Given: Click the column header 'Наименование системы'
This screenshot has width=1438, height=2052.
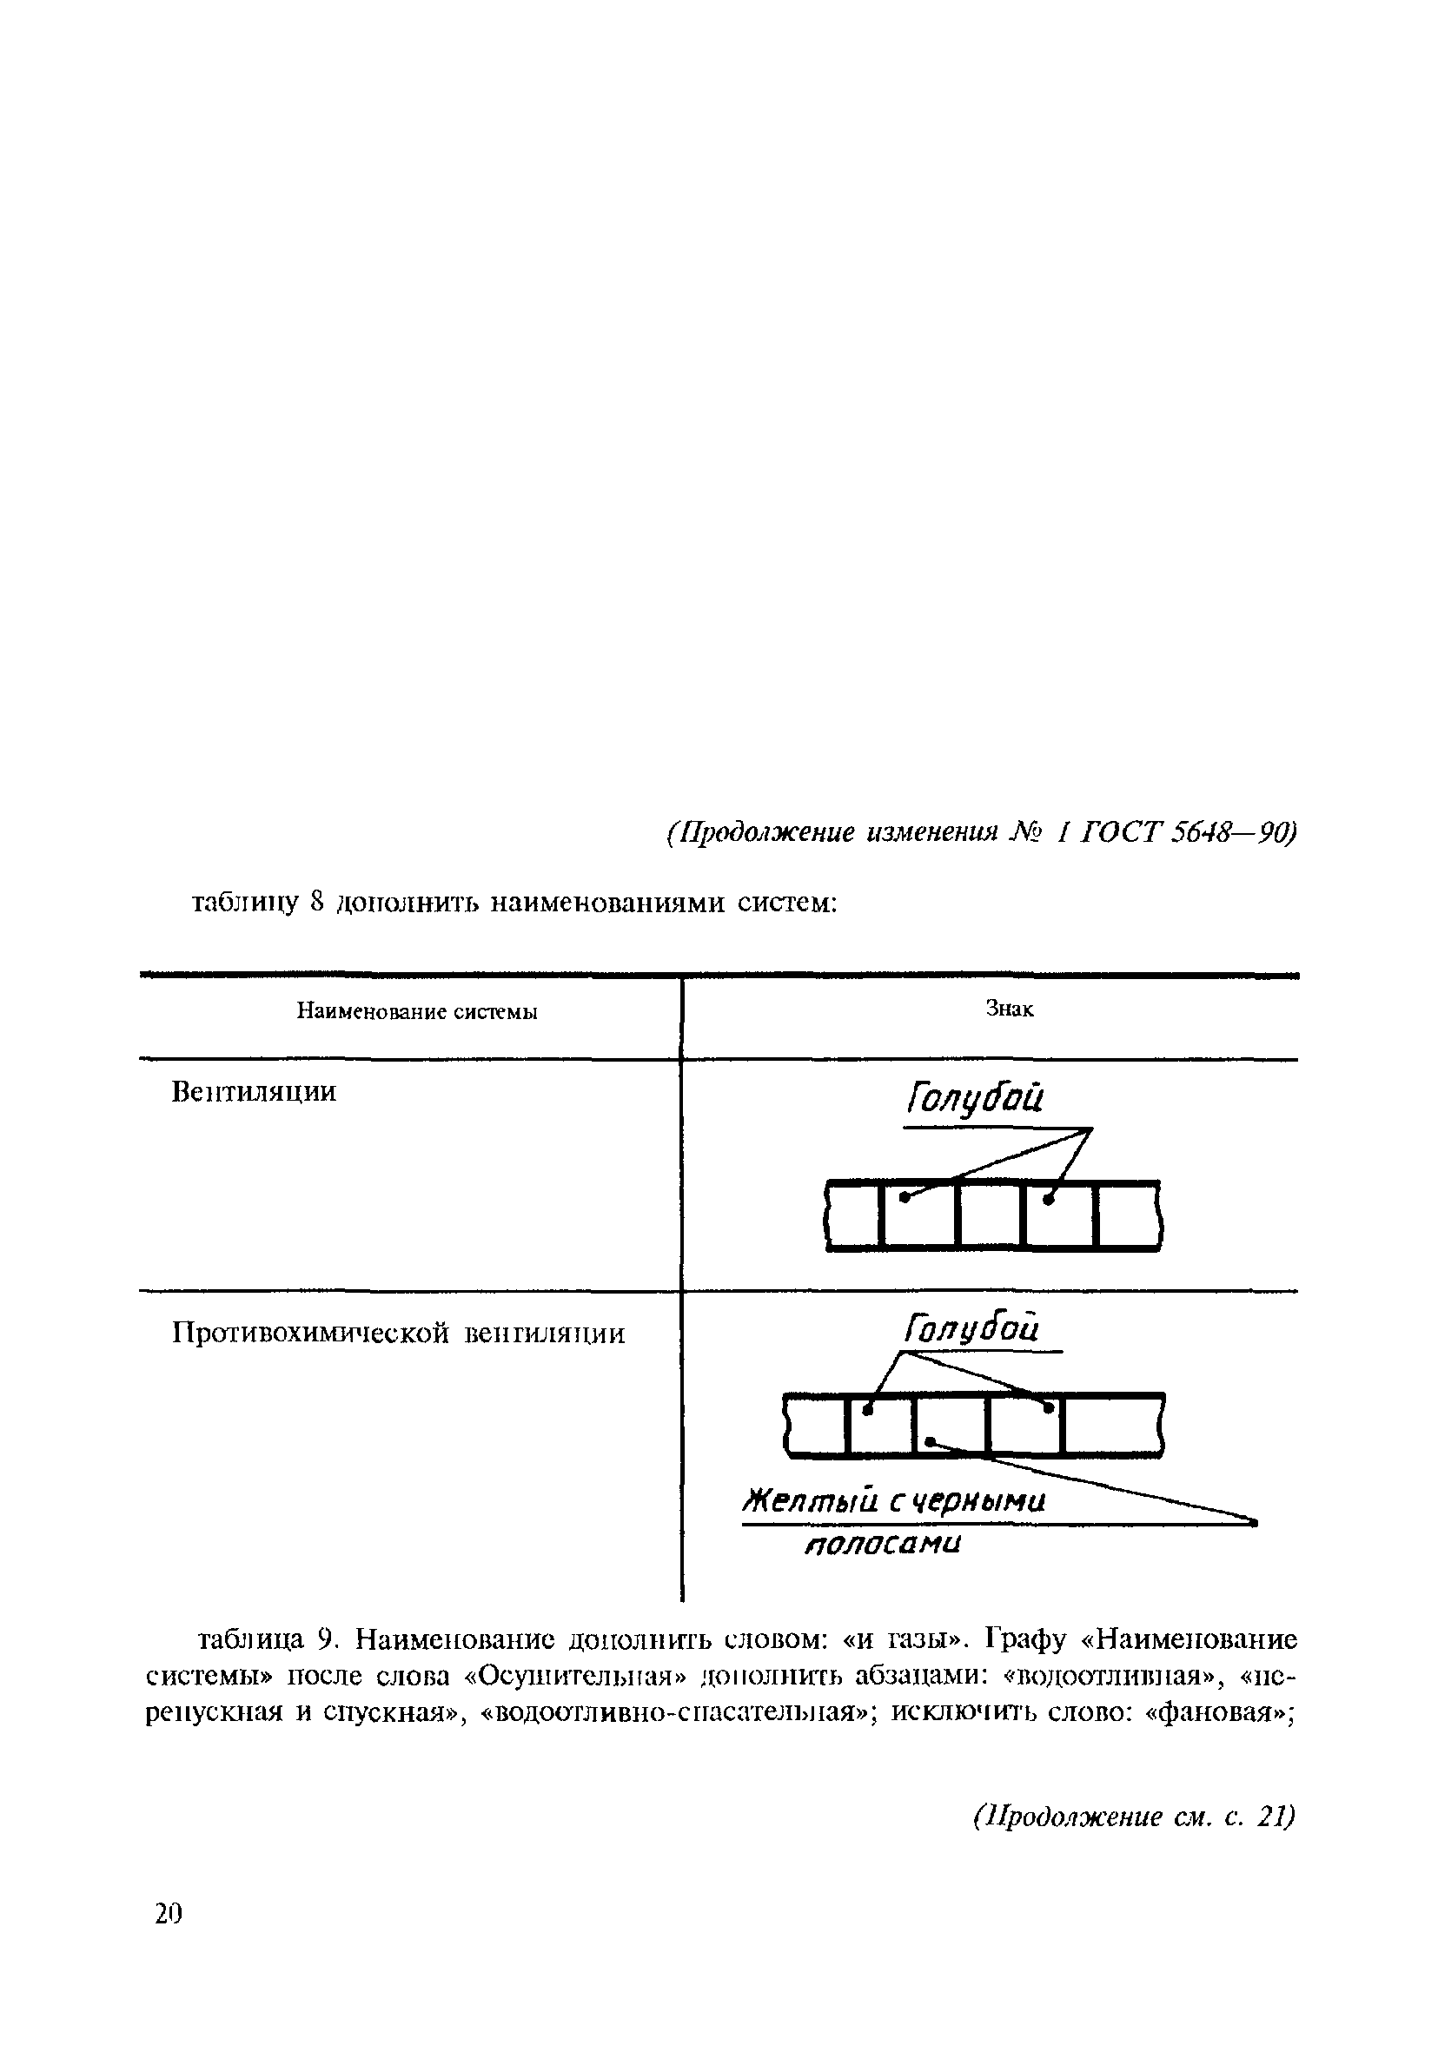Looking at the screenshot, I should pyautogui.click(x=416, y=1012).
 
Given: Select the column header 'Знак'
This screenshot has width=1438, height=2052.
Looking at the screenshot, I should pyautogui.click(x=1010, y=1008).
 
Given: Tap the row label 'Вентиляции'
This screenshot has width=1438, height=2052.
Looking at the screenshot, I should pyautogui.click(x=254, y=1092).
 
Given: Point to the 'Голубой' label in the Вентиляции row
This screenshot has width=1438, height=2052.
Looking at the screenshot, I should pyautogui.click(x=975, y=1098).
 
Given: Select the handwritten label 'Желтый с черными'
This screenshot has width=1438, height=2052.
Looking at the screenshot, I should pyautogui.click(x=893, y=1501).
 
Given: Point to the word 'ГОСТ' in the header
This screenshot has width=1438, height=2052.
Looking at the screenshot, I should pyautogui.click(x=1123, y=833).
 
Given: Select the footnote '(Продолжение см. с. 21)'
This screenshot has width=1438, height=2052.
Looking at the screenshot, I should pyautogui.click(x=1132, y=1816).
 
